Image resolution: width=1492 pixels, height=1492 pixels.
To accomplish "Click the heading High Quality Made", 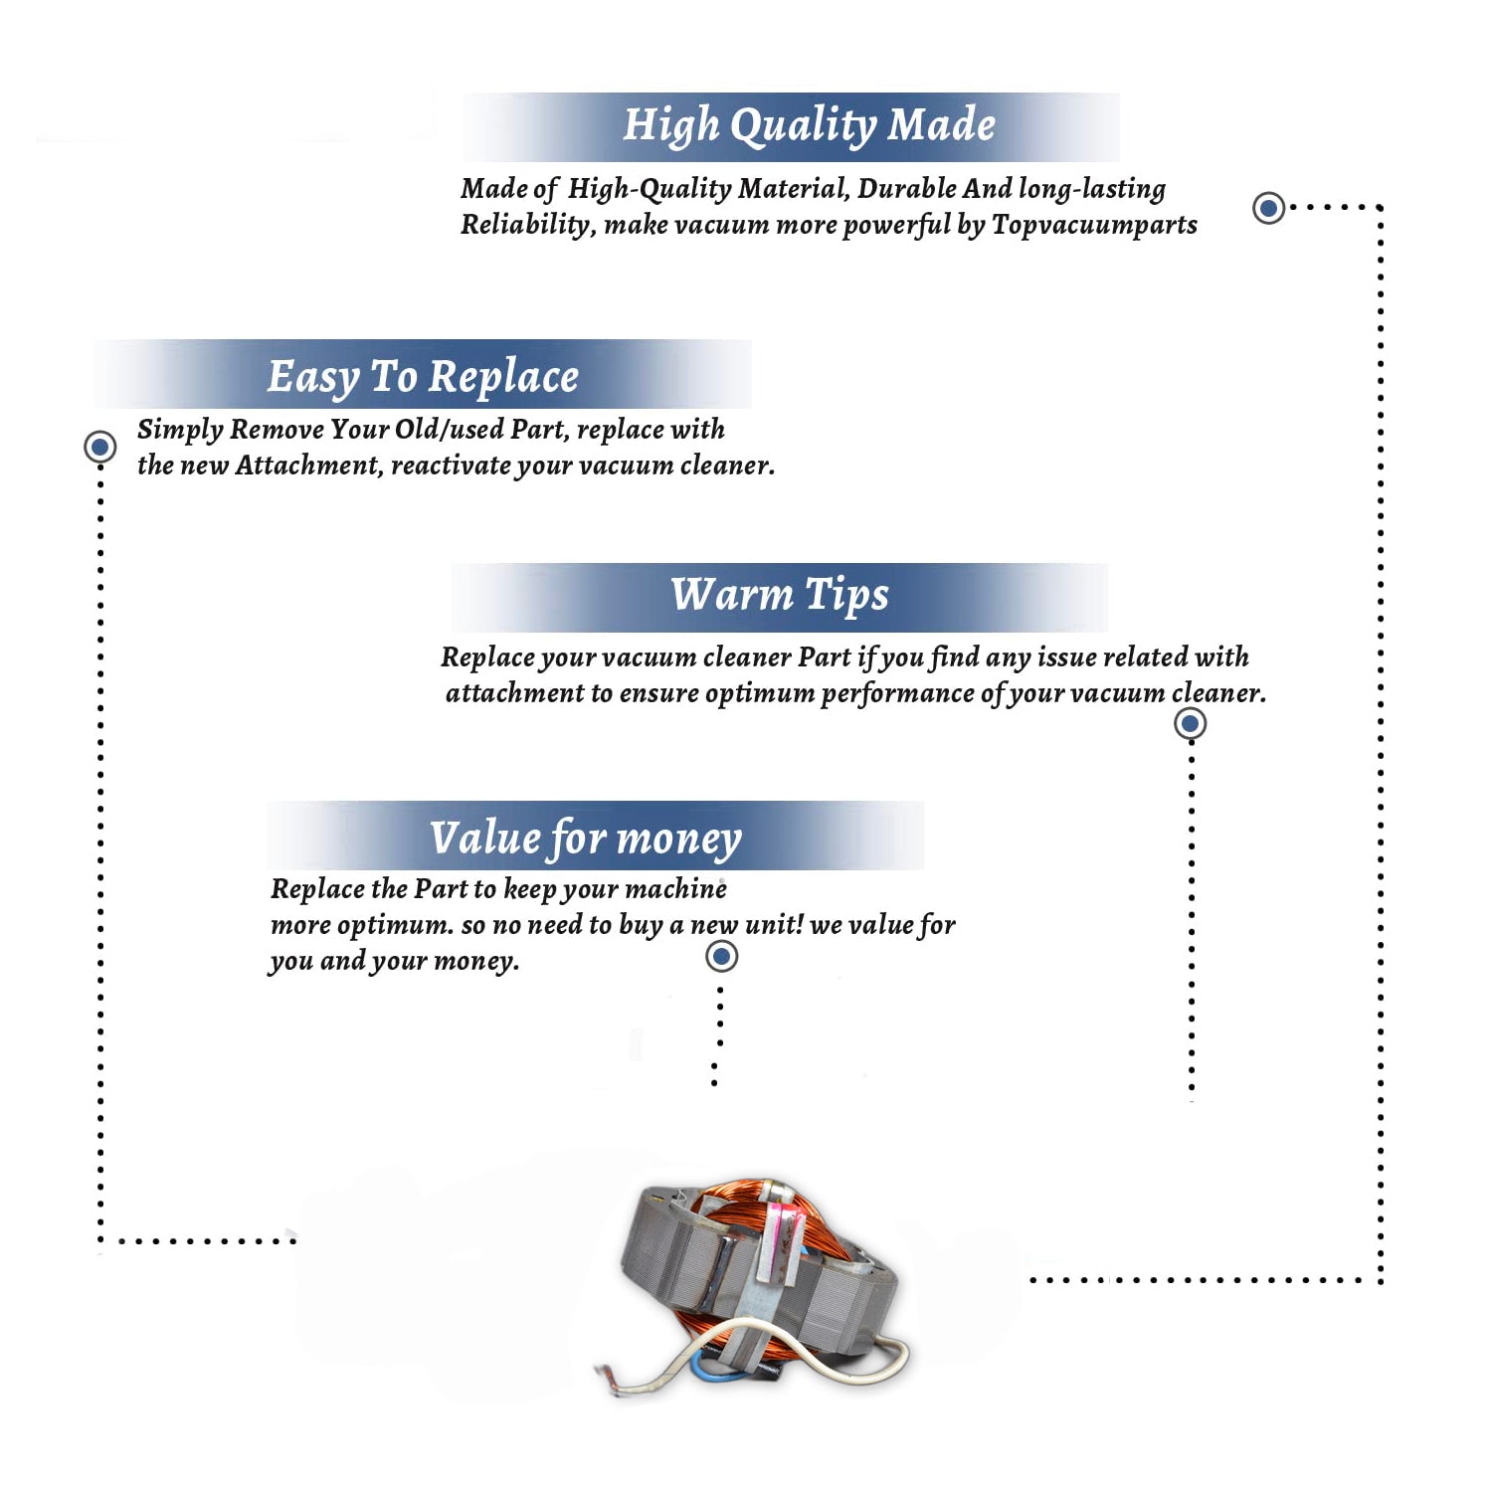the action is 809,125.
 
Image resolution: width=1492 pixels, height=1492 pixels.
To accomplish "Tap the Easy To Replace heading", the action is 423,377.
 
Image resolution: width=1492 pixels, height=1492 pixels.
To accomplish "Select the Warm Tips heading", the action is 780,595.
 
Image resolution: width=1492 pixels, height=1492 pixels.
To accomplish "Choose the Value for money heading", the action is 586,838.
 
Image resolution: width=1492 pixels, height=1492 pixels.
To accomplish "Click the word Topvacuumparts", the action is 1094,225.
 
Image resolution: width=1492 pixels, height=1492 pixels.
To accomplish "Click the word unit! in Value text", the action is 774,925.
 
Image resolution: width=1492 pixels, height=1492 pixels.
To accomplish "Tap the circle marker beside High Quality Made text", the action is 1268,208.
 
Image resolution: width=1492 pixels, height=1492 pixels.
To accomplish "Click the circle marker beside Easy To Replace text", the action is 99,447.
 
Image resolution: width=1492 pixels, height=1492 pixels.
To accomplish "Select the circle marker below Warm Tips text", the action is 1190,723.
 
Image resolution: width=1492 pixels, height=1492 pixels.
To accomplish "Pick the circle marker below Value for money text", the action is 721,957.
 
